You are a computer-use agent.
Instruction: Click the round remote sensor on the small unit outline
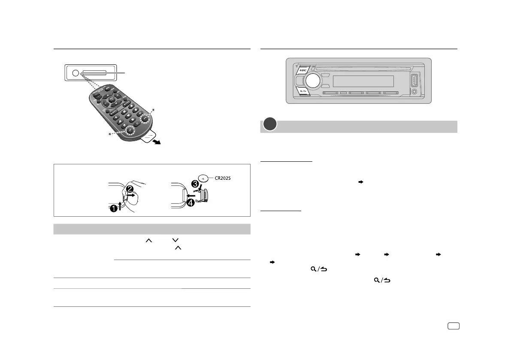point(76,73)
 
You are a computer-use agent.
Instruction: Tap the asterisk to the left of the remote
point(110,135)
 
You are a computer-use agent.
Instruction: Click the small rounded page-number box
point(453,326)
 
